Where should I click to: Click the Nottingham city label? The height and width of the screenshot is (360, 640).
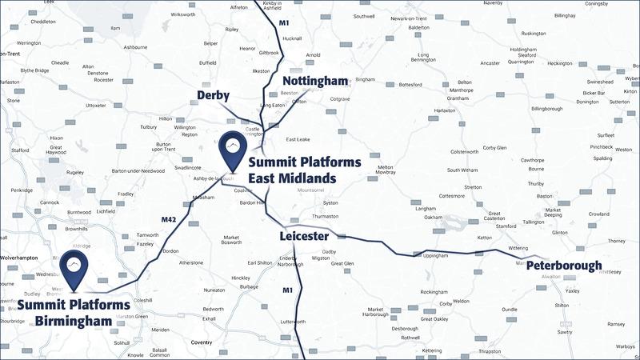[316, 81]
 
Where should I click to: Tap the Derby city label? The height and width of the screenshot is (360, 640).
[214, 96]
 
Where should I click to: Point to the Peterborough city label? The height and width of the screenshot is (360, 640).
[564, 266]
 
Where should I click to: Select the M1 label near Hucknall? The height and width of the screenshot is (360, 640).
[284, 23]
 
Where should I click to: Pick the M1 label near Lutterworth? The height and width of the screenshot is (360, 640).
[288, 290]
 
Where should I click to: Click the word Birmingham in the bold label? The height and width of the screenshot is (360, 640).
[73, 322]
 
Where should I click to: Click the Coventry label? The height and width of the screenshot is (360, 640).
[201, 342]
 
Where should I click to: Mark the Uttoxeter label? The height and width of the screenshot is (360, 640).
[96, 106]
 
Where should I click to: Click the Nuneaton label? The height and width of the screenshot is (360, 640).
[214, 290]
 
